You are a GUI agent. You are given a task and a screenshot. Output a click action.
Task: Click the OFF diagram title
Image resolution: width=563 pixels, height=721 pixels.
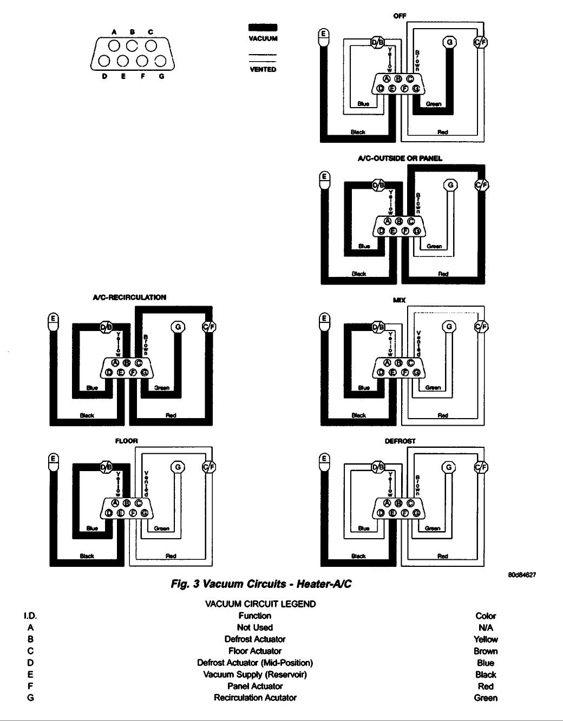[400, 16]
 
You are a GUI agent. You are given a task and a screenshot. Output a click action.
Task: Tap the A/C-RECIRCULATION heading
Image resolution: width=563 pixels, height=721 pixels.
[129, 297]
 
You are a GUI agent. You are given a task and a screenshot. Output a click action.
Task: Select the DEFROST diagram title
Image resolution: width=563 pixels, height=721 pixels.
[400, 441]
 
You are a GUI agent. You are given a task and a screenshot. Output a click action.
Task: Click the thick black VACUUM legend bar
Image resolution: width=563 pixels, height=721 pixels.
[263, 28]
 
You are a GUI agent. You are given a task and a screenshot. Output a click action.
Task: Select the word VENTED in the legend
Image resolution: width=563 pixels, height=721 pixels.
[263, 69]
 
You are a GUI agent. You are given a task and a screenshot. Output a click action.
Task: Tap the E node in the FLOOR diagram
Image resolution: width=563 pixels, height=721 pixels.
[53, 459]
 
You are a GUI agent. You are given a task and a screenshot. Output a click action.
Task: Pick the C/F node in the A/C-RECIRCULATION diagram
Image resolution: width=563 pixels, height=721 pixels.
[208, 327]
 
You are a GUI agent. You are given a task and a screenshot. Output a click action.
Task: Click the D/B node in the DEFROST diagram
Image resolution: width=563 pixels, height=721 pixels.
[379, 467]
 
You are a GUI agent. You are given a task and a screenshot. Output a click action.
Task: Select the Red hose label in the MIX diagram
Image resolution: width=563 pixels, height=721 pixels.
[443, 415]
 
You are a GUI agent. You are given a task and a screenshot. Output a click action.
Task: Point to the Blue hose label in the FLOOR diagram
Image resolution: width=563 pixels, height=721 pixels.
[93, 528]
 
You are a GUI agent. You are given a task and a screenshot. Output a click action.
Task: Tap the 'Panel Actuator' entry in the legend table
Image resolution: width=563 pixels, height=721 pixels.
[255, 686]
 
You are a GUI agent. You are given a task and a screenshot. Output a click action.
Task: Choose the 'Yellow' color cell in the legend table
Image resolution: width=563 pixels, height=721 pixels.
[486, 639]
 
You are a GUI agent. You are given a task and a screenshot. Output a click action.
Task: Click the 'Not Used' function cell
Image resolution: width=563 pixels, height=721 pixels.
[255, 627]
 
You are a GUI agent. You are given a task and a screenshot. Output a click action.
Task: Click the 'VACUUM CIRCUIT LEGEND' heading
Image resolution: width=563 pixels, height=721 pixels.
[254, 604]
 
